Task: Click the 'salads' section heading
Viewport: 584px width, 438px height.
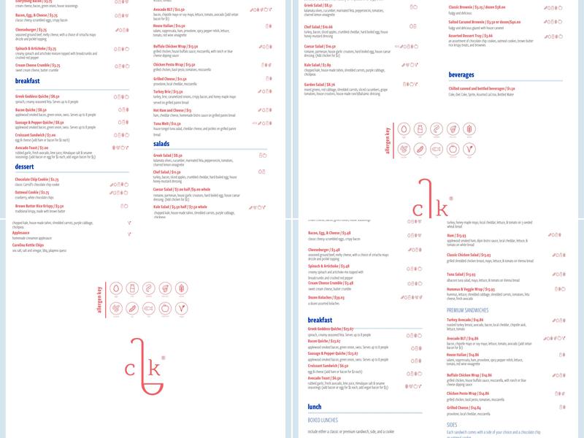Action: pyautogui.click(x=161, y=144)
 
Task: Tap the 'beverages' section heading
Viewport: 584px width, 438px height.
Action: pyautogui.click(x=466, y=74)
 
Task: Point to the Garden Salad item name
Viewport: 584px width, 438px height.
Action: pyautogui.click(x=320, y=85)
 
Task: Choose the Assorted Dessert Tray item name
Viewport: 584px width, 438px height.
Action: pyautogui.click(x=471, y=35)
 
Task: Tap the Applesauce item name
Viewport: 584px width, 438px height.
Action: pyautogui.click(x=21, y=233)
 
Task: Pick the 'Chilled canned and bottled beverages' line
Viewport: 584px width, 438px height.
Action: pyautogui.click(x=486, y=88)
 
